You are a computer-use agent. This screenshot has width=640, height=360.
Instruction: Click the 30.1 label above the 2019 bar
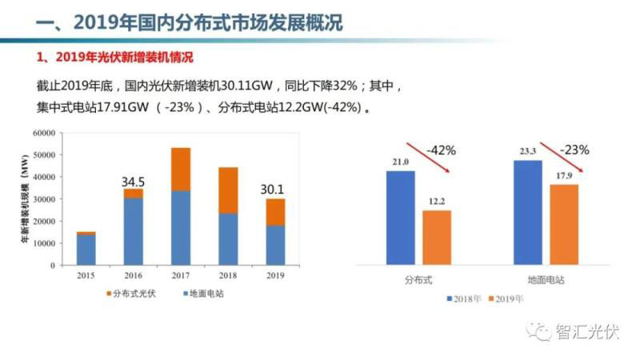point(274,190)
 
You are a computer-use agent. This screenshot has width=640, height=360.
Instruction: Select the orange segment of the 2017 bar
point(181,169)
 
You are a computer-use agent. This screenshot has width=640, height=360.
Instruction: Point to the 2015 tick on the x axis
point(86,276)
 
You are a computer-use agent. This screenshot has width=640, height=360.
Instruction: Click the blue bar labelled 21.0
point(400,217)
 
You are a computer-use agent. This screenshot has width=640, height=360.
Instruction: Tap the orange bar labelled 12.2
point(437,237)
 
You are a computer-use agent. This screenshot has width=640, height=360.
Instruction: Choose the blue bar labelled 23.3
point(528,212)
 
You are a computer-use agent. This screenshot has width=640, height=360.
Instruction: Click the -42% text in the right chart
point(441,150)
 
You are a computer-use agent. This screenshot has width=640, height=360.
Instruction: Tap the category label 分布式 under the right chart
point(418,281)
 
